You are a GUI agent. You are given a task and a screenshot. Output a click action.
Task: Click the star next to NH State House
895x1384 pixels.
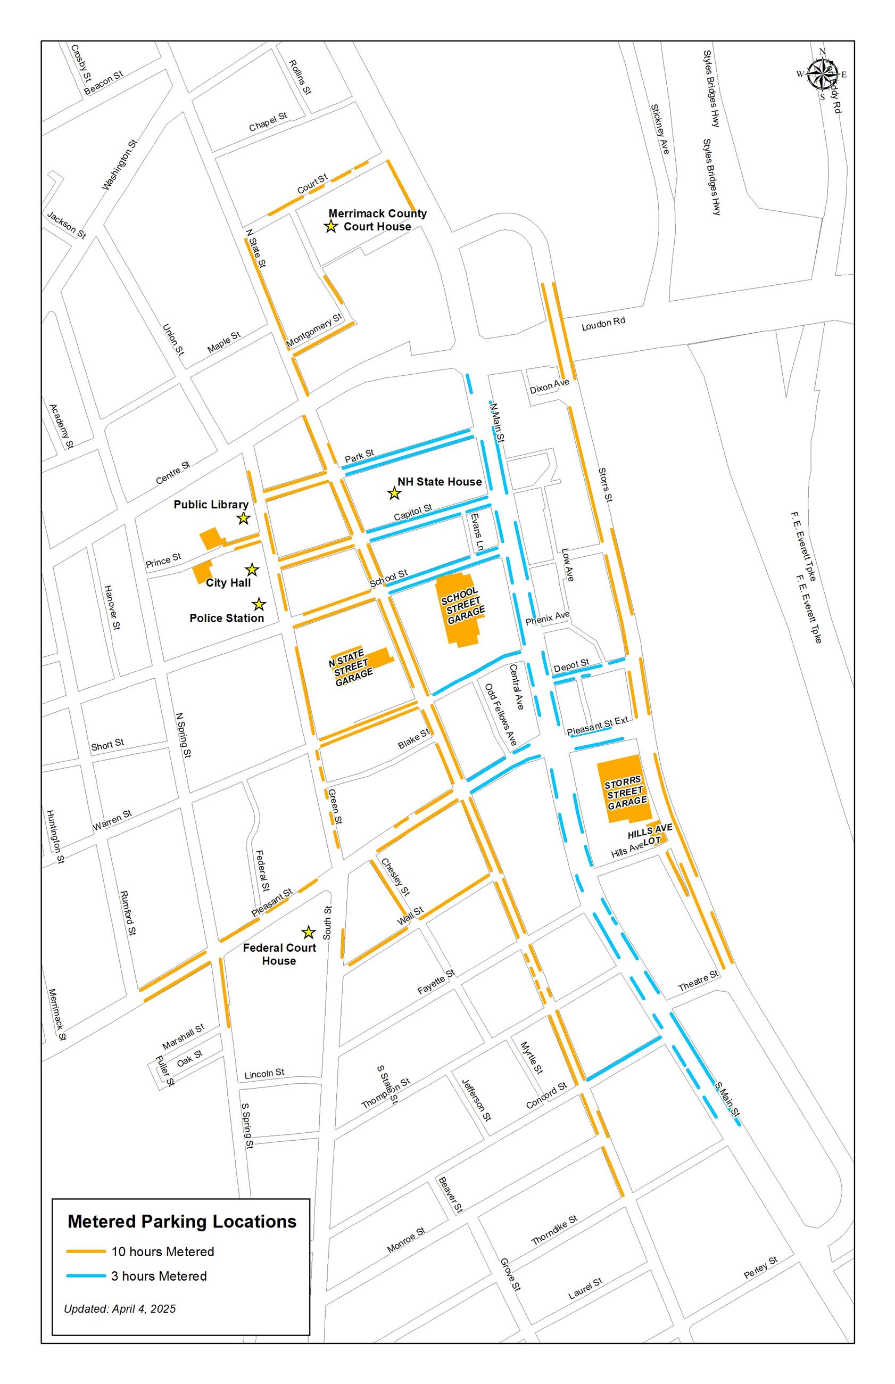394,493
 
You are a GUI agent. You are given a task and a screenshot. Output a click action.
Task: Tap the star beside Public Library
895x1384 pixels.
244,518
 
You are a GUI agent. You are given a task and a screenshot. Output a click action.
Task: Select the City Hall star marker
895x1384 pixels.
252,570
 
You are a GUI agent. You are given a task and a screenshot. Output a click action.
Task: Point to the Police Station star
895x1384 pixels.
259,605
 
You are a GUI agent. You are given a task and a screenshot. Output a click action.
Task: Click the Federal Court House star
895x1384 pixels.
308,933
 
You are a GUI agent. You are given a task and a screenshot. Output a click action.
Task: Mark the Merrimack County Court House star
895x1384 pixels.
330,226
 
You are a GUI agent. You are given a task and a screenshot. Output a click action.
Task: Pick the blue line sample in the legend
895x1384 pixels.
86,1276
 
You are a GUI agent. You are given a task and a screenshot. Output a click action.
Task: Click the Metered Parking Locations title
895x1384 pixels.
182,1221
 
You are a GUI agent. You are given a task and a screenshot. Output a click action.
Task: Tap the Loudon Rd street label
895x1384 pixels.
603,324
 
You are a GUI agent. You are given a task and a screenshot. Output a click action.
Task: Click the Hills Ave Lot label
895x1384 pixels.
650,834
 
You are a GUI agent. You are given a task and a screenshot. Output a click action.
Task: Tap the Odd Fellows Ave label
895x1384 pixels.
501,714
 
